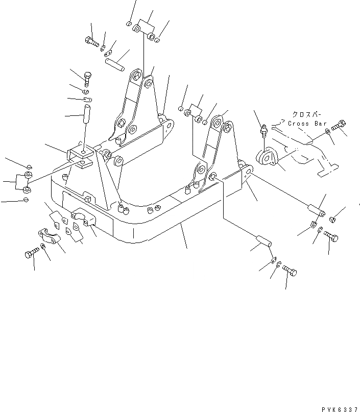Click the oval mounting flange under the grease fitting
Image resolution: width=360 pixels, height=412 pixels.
click(x=269, y=158)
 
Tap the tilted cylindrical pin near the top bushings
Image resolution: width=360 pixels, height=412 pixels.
click(x=115, y=65)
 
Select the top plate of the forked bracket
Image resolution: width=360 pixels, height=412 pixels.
click(x=81, y=151)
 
